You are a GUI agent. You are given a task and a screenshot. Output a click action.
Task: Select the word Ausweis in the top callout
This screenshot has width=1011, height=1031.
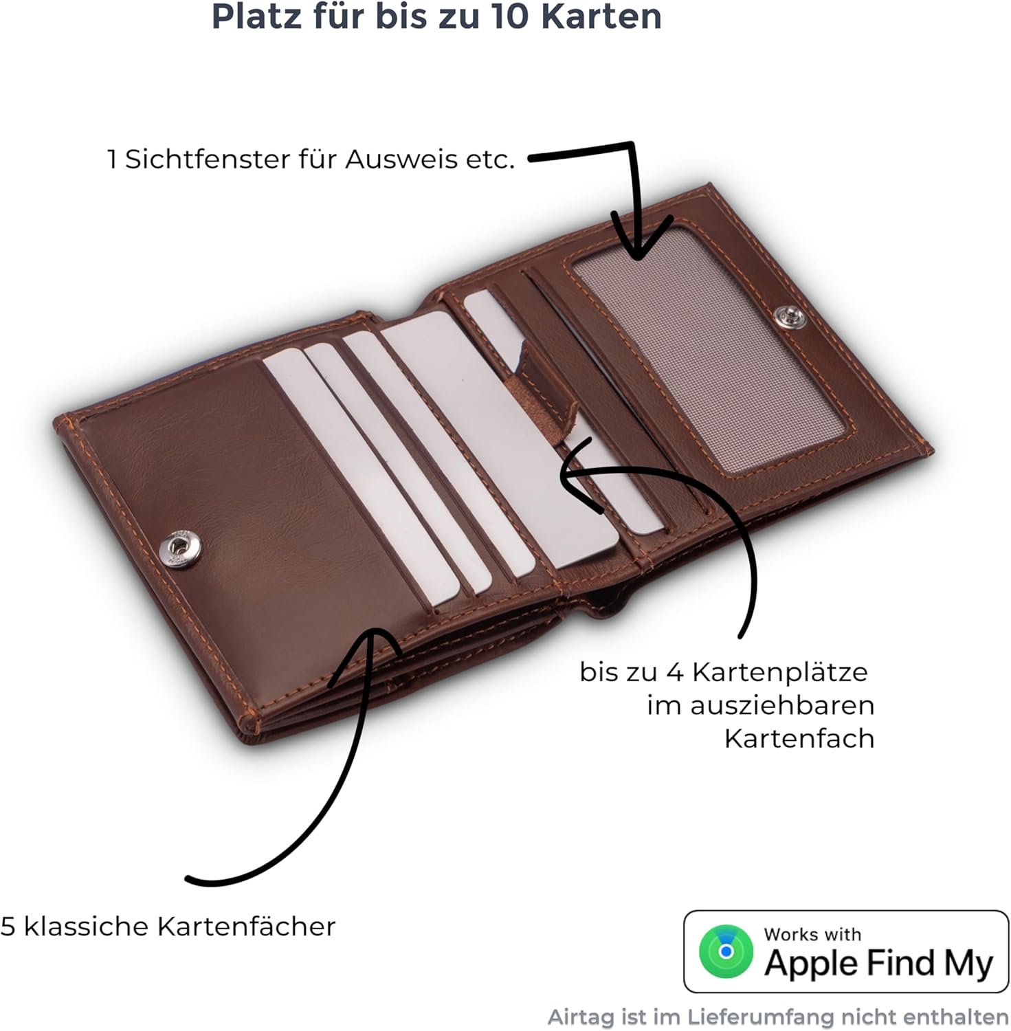401,159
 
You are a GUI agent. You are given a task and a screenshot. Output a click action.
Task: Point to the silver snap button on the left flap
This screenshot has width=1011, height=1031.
181,548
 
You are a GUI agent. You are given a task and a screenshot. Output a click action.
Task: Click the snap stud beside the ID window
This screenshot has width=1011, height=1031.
788,317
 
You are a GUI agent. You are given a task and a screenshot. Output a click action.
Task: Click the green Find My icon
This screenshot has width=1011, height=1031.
726,951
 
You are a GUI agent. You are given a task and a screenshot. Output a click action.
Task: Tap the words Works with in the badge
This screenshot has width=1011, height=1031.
812,934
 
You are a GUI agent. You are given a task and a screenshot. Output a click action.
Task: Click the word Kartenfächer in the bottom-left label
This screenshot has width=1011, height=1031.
246,927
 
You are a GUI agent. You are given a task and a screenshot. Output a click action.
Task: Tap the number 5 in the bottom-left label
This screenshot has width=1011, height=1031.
8,927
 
